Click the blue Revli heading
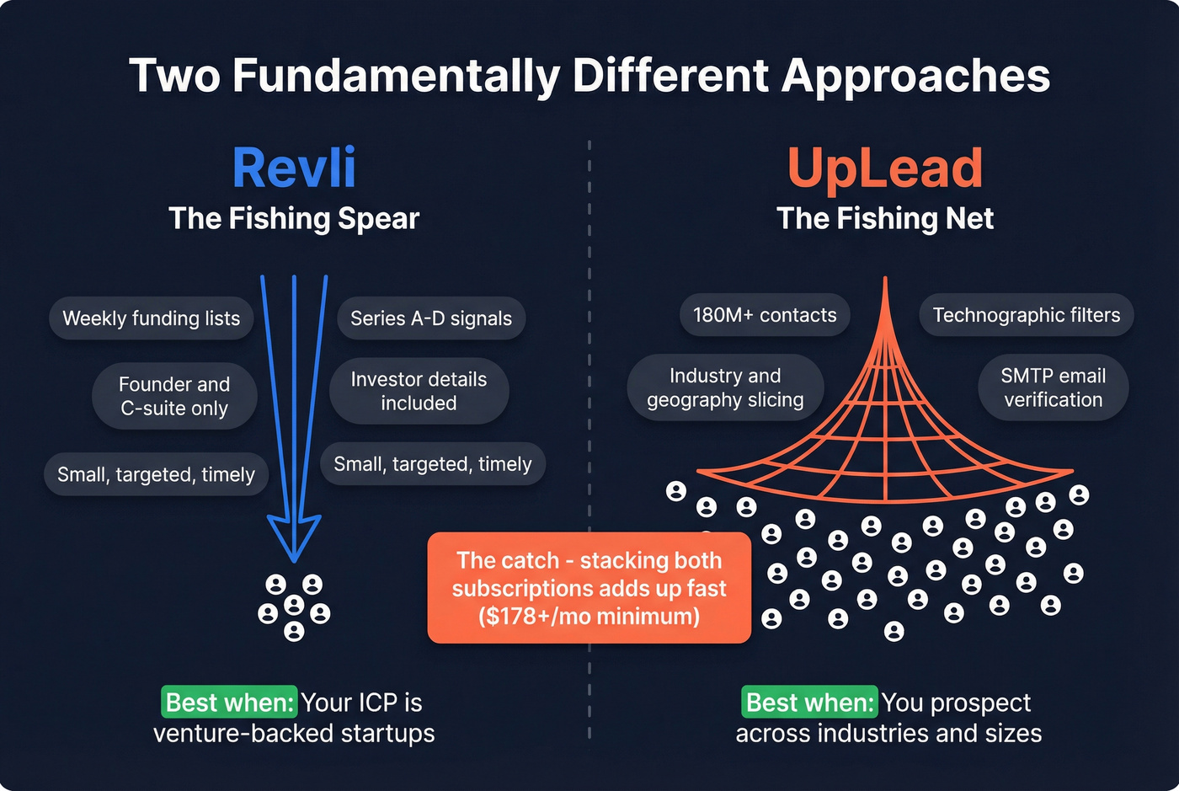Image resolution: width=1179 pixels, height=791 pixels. coord(294,168)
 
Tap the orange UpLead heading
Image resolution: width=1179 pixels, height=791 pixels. coord(885,168)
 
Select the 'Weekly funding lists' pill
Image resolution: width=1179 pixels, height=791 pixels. coord(152,318)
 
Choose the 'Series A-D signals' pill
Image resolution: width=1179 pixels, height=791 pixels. coord(431,318)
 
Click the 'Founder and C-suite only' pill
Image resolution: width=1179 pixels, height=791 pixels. coord(174,396)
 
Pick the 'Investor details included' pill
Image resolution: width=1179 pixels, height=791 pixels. coord(419,391)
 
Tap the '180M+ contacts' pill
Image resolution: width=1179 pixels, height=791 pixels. coord(765,315)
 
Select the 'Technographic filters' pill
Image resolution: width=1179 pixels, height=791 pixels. coord(1026,315)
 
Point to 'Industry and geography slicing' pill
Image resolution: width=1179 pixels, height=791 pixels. coord(725,387)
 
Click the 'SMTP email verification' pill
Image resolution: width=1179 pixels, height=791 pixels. coord(1053,387)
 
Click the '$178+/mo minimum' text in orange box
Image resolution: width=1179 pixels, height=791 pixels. coord(589,617)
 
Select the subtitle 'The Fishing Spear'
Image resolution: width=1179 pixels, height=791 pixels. coord(294,219)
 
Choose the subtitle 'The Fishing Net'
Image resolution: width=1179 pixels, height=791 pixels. coord(885,219)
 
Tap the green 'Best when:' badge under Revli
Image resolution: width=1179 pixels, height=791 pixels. coord(229,703)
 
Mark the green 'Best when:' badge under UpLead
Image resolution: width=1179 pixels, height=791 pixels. coord(810,703)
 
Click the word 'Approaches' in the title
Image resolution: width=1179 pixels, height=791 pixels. coord(915,76)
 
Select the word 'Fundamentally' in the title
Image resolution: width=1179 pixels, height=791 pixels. coord(396,76)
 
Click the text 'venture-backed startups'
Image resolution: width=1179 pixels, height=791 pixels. coord(294,734)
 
